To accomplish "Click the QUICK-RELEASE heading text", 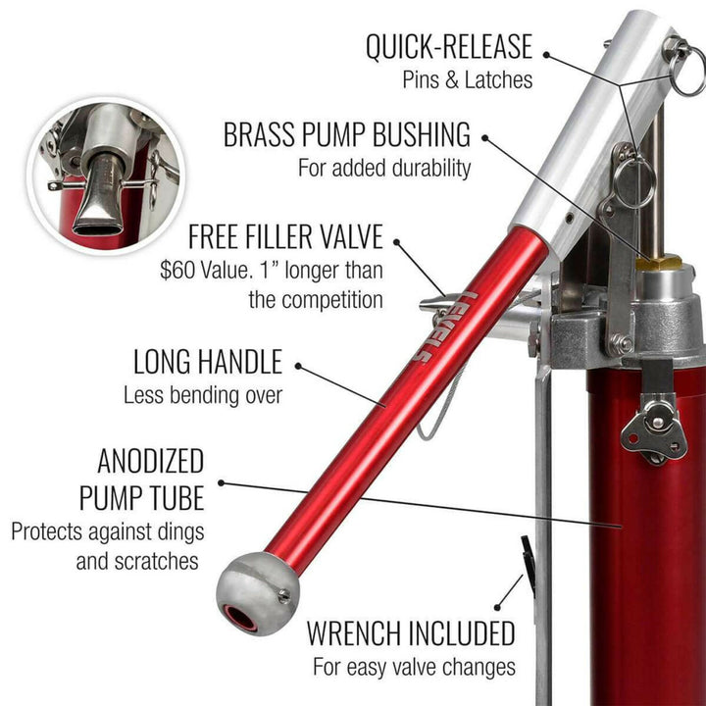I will coord(448,46).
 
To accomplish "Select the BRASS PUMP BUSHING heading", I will coord(347,134).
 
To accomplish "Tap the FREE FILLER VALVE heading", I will coord(284,237).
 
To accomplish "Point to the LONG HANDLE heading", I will coord(207,362).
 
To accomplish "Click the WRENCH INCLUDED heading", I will coord(411,633).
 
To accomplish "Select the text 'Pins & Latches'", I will coord(468,79).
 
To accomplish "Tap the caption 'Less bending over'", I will coord(202,396).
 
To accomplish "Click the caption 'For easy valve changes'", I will coord(414,668).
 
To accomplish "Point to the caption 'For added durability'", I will coord(384,168).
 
